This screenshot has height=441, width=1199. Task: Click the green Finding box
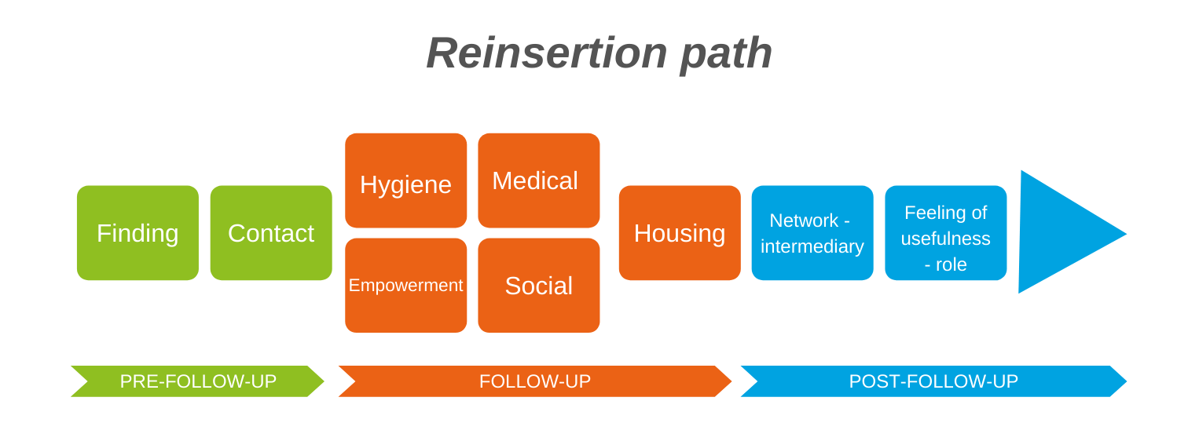point(137,232)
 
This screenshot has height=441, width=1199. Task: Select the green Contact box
point(271,232)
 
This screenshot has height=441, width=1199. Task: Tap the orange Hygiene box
point(405,180)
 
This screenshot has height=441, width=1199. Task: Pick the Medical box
point(538,180)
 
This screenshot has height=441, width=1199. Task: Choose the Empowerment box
point(405,285)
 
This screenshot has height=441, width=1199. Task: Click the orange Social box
point(538,285)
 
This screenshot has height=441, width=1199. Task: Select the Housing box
point(680,232)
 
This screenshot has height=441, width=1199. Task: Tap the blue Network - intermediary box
point(812,232)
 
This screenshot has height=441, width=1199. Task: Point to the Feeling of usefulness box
point(946,232)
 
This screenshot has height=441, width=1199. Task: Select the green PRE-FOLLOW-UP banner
point(197,381)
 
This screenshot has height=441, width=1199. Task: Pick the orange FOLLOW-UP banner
point(535,381)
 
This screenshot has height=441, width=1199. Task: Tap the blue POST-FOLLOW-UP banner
point(933,381)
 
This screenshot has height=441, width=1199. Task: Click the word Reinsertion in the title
point(547,53)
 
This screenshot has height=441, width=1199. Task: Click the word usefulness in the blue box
point(945,239)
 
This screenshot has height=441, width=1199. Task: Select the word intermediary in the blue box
point(812,246)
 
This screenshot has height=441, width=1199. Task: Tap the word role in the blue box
point(951,264)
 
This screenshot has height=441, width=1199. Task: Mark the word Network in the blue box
point(804,220)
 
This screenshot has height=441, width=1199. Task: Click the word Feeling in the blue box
point(932,213)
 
